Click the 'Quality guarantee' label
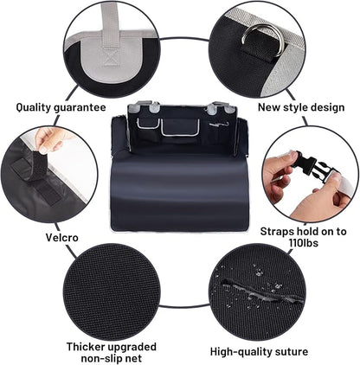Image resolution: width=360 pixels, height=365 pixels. pyautogui.click(x=61, y=108)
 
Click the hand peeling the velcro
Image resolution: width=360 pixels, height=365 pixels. pyautogui.click(x=52, y=138)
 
